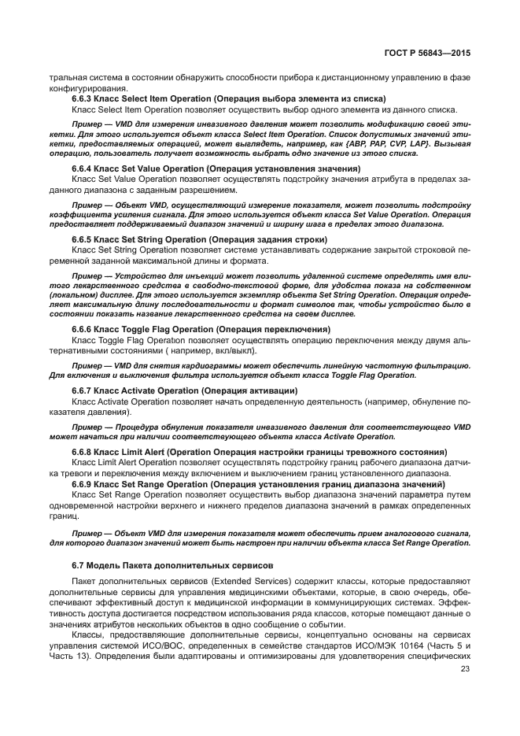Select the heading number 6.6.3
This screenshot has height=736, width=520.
(x=83, y=99)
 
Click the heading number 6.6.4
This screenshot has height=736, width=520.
(x=83, y=168)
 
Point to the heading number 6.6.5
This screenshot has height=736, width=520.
(x=83, y=239)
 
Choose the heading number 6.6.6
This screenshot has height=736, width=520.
(x=83, y=329)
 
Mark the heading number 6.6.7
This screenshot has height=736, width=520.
(x=83, y=390)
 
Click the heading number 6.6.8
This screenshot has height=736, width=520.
(x=83, y=452)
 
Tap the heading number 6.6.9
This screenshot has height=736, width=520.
(x=83, y=483)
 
